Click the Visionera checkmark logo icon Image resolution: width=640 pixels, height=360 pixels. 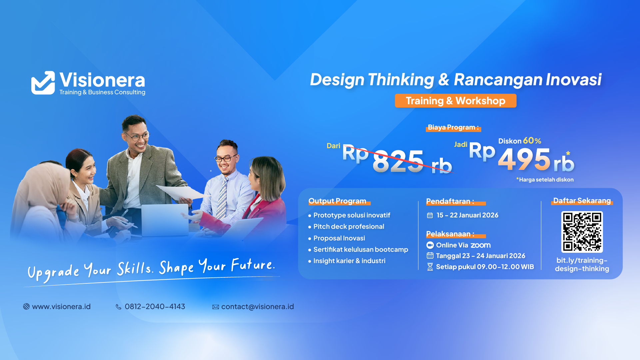click(43, 83)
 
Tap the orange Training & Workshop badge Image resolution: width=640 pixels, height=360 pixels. click(455, 101)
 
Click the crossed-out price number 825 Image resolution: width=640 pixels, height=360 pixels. click(398, 161)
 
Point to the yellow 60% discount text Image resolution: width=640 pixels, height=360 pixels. click(532, 141)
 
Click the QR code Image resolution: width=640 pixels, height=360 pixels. click(582, 232)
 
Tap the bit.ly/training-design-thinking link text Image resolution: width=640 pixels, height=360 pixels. click(582, 264)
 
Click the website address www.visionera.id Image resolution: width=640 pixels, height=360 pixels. click(61, 306)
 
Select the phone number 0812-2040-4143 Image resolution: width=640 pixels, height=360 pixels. click(155, 306)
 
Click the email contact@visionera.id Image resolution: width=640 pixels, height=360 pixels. click(257, 306)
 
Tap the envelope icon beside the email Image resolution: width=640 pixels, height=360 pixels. click(216, 307)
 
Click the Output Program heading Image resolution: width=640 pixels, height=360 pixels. click(337, 201)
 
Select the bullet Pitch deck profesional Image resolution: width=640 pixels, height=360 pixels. click(348, 226)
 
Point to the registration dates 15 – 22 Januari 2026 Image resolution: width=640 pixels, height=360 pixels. click(467, 215)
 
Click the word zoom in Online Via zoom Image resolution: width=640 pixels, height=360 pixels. click(480, 245)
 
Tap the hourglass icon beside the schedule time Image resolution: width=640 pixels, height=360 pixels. click(430, 267)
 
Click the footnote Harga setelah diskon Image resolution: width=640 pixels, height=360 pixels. click(546, 180)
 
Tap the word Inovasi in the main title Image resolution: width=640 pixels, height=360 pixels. click(573, 80)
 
